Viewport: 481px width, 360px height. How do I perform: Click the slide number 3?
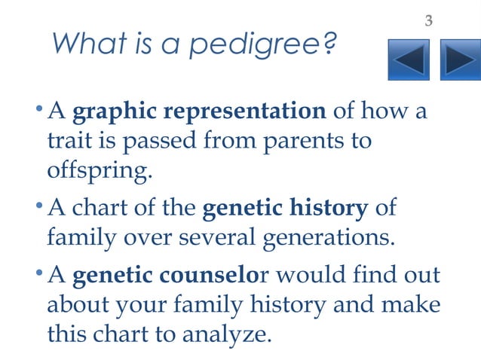(x=428, y=20)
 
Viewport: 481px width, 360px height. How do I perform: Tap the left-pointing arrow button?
(x=409, y=61)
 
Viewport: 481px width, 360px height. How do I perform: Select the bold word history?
(x=330, y=207)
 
